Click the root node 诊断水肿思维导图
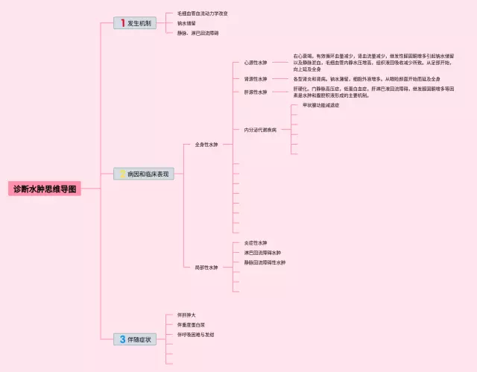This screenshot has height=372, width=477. coord(45,189)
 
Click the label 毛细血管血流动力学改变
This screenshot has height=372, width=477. coord(202,13)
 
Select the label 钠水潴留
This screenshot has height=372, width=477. coord(186,23)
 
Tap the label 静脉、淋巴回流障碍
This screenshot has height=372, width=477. coord(198,33)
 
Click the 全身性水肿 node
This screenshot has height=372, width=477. coord(206,144)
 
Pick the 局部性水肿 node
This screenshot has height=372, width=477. coord(206,267)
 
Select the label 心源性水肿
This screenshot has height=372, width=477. coord(255,63)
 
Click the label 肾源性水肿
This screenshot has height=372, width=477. coord(255,79)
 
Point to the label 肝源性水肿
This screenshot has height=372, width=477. coord(255,92)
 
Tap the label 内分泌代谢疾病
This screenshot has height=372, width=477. coord(260,130)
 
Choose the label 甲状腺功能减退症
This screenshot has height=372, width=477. coord(320,105)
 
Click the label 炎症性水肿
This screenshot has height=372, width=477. coord(255,243)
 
